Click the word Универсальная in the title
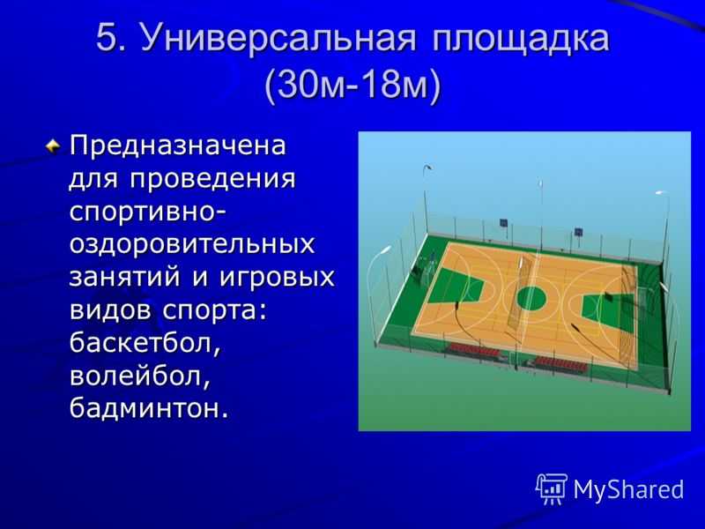tap(278, 39)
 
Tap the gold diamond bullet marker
tap(53, 145)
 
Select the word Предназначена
tap(178, 145)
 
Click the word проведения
tap(212, 180)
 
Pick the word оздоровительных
tap(192, 244)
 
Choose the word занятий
tap(125, 276)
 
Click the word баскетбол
tap(145, 344)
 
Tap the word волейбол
tap(140, 376)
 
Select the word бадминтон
tap(149, 408)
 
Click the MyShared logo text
tap(628, 489)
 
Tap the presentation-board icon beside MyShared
tap(552, 488)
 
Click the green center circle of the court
tap(531, 298)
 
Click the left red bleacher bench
tap(474, 350)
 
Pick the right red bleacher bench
tap(561, 363)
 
